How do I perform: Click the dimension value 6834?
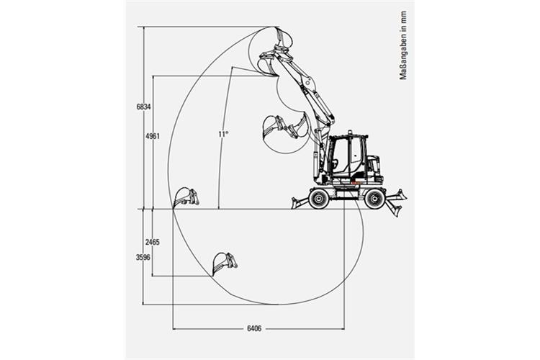coord(143,107)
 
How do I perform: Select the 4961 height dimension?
coord(153,136)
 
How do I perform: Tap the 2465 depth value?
coord(152,242)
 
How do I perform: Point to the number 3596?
coord(143,257)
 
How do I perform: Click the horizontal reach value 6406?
coord(254,328)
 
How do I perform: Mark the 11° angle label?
coord(223,134)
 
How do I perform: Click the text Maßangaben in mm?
coord(403,45)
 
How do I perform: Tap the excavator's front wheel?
coord(318,199)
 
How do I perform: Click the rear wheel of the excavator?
coord(374,199)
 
